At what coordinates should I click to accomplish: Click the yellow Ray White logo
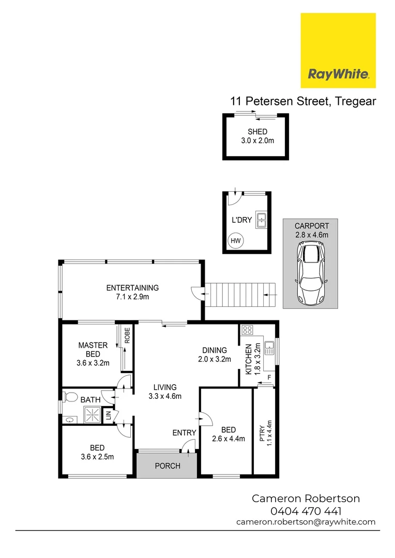click(x=338, y=51)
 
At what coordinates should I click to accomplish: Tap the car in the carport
click(x=311, y=274)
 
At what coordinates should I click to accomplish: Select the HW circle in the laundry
click(x=235, y=241)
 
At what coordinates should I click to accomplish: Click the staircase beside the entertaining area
click(x=240, y=295)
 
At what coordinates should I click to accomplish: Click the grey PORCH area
click(x=168, y=466)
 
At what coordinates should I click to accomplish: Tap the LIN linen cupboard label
click(x=109, y=414)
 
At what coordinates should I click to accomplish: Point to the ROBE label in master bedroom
click(x=127, y=336)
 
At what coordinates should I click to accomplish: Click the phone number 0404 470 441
click(x=306, y=511)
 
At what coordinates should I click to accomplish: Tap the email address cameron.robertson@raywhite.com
click(x=306, y=522)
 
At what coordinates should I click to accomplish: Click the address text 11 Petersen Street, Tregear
click(x=303, y=101)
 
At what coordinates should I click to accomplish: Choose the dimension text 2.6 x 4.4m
click(x=229, y=439)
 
